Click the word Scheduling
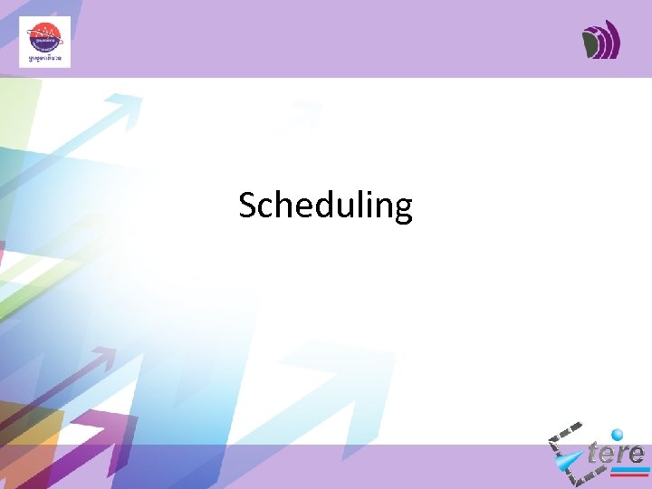pyautogui.click(x=325, y=206)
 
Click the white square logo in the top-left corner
pyautogui.click(x=44, y=42)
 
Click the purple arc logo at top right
pyautogui.click(x=601, y=41)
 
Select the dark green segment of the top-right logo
pyautogui.click(x=592, y=43)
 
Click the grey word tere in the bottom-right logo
pyautogui.click(x=616, y=453)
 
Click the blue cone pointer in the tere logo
pyautogui.click(x=569, y=463)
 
